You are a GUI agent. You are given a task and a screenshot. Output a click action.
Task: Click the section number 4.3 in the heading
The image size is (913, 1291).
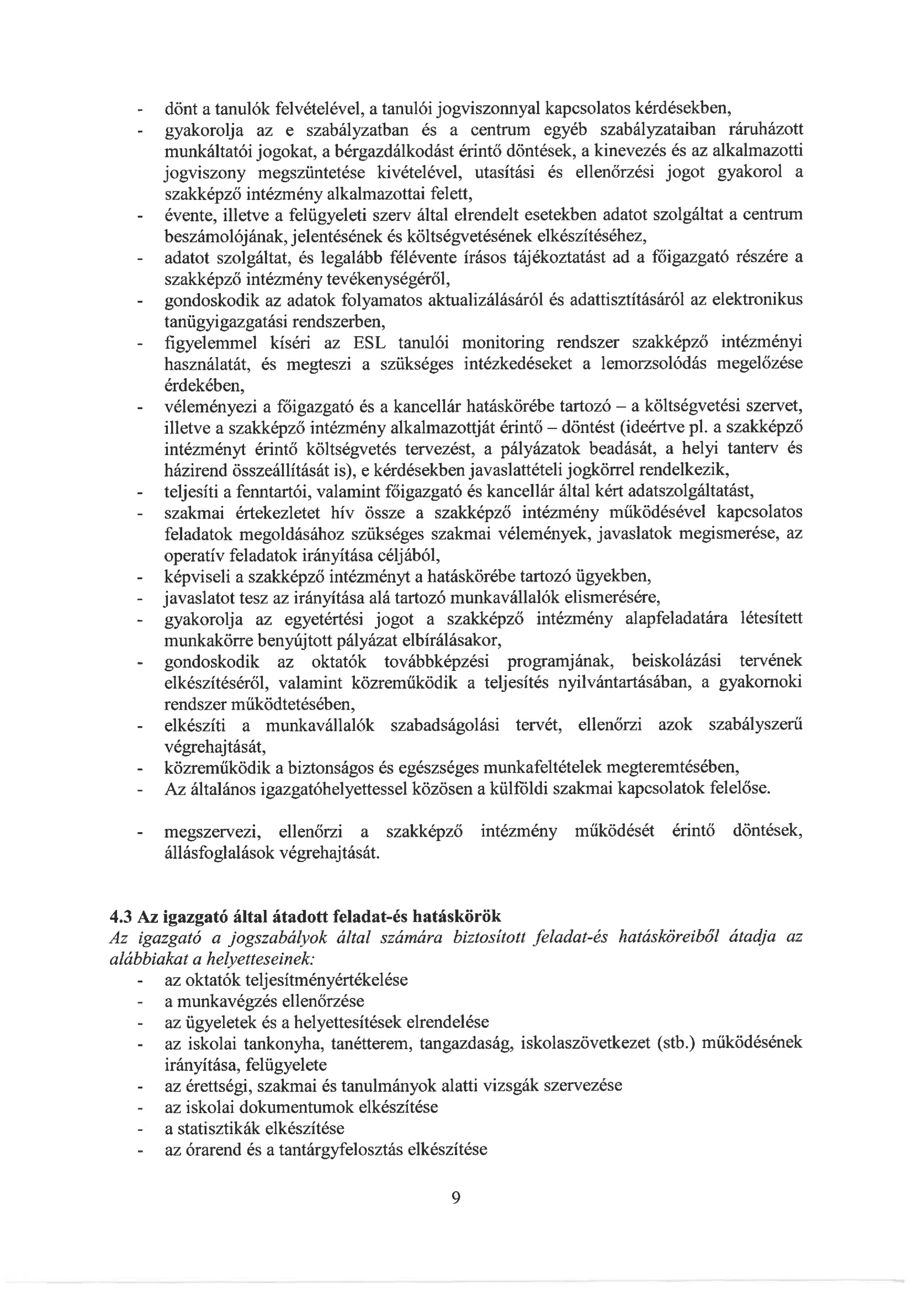(120, 916)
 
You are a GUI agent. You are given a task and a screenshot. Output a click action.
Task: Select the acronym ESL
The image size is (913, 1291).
(369, 343)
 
